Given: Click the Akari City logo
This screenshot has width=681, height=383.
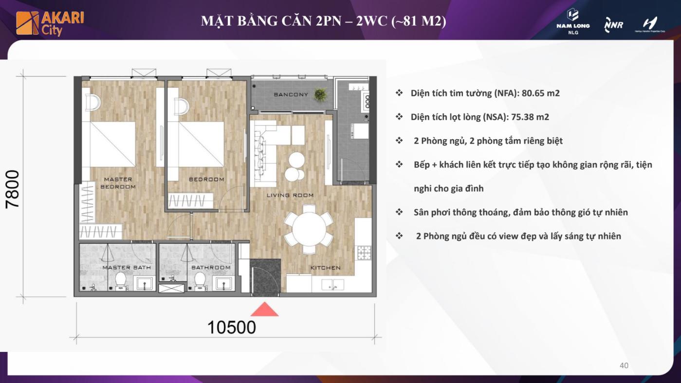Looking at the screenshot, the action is (x=50, y=23).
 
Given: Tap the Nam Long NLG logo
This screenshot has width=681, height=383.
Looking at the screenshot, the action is (x=573, y=21).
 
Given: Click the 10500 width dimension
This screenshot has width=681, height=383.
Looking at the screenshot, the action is (x=232, y=328).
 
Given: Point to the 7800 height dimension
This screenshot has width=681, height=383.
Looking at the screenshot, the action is (x=13, y=189).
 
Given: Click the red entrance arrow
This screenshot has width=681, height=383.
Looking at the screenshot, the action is (x=264, y=309).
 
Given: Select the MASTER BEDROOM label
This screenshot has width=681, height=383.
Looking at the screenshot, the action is (x=118, y=183).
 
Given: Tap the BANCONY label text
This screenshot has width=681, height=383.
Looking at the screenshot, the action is (x=291, y=94).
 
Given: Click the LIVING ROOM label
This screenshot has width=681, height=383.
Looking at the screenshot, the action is (x=290, y=195).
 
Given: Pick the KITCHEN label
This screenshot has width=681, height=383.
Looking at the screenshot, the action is (x=325, y=268).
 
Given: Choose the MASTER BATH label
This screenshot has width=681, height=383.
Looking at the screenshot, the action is (x=127, y=268).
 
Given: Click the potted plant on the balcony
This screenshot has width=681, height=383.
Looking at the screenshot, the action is (x=320, y=95).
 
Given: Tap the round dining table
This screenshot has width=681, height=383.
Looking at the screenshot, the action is (x=309, y=229).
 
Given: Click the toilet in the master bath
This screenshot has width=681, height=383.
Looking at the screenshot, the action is (x=121, y=280).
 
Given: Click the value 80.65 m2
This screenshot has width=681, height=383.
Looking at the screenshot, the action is (x=540, y=93).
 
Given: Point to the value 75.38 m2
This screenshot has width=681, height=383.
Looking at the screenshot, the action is (x=530, y=117).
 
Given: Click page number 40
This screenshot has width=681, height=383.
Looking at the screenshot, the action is (x=624, y=365).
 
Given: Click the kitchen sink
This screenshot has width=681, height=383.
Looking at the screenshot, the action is (x=333, y=285).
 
